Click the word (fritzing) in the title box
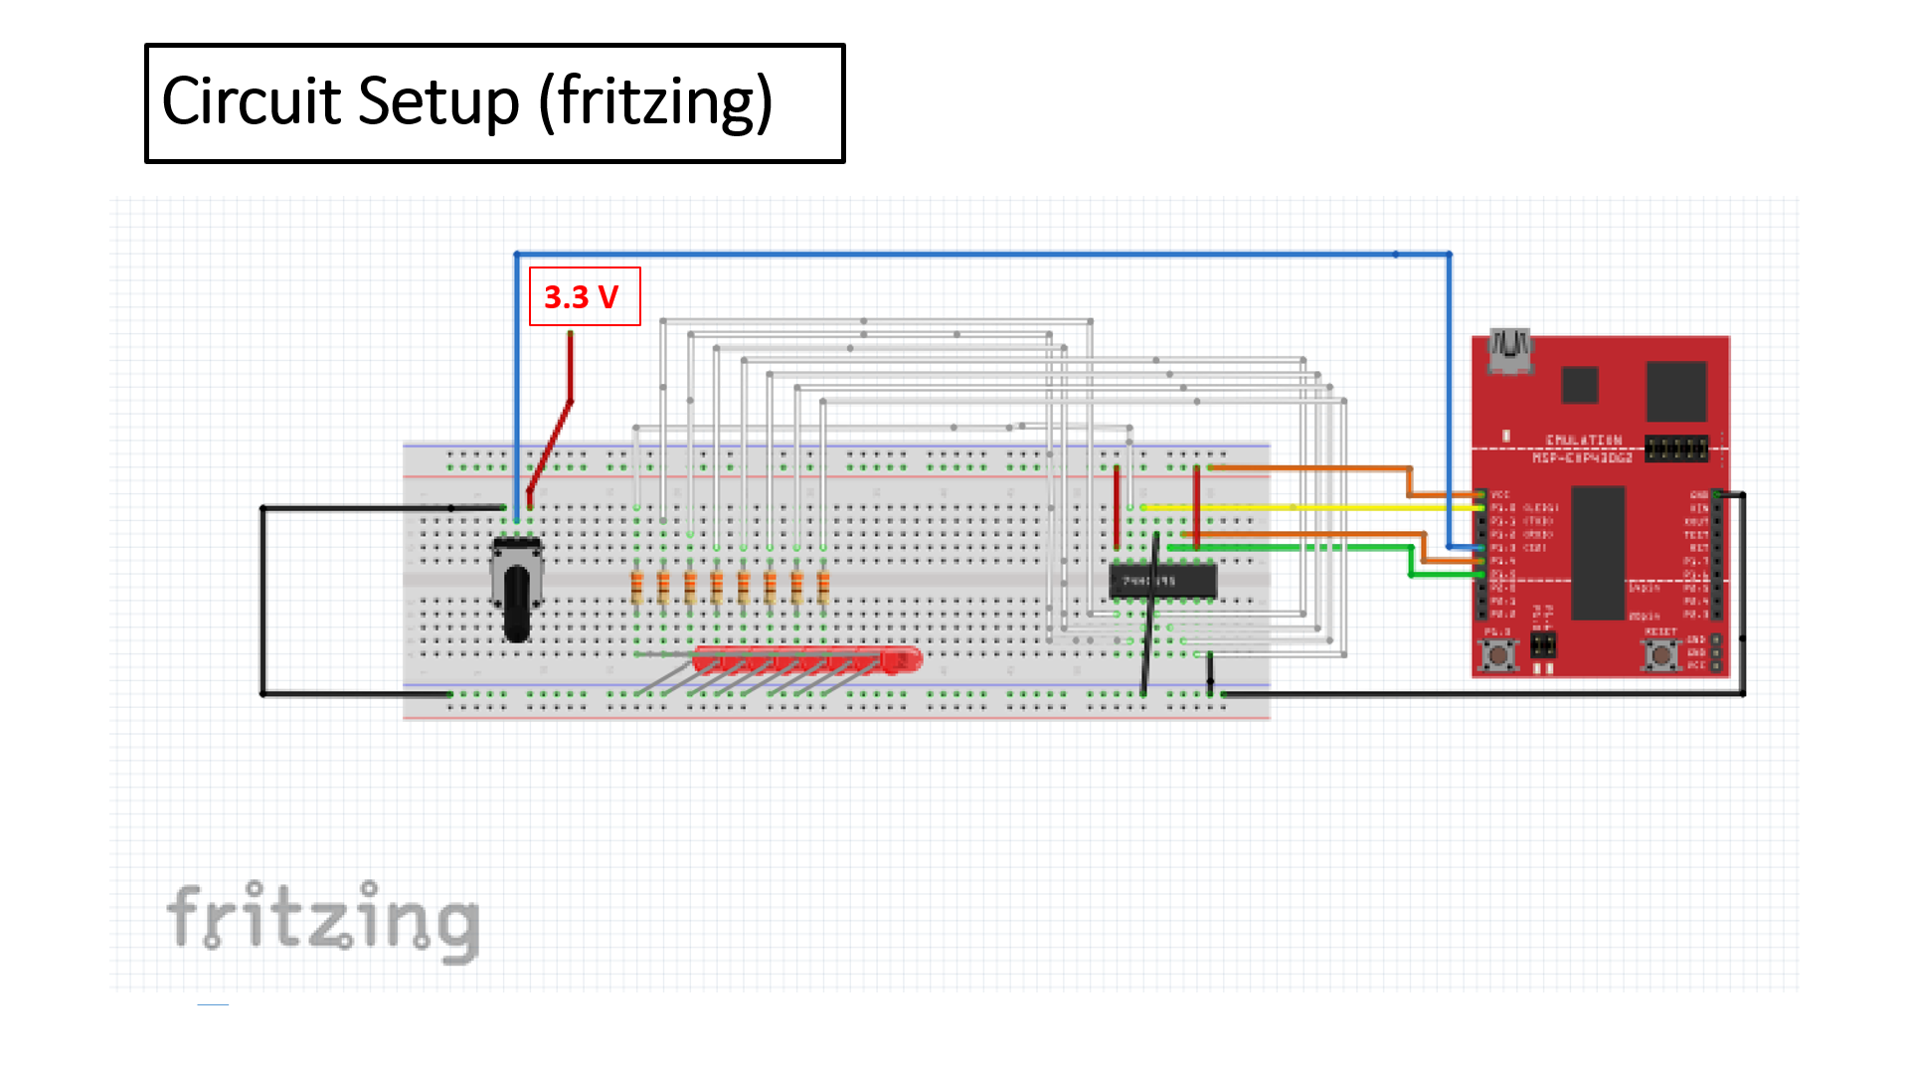tap(655, 102)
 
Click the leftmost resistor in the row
tap(637, 587)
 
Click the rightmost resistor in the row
tap(823, 587)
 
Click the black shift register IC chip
tap(1162, 580)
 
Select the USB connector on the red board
tap(1509, 351)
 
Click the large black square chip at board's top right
tap(1675, 391)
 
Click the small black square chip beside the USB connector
tap(1579, 385)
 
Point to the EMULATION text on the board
tap(1583, 440)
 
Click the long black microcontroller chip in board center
tap(1598, 552)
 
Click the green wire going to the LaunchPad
tap(1293, 547)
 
